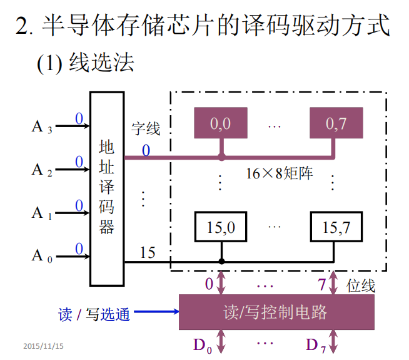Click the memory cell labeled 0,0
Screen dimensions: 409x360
point(220,124)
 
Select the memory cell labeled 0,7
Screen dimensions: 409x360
point(336,124)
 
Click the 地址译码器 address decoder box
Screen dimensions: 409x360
point(107,188)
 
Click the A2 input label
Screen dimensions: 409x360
point(42,170)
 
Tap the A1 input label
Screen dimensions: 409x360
point(42,213)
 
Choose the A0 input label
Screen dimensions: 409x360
point(42,255)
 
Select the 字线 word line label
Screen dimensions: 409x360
point(146,129)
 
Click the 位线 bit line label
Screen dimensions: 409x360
point(361,285)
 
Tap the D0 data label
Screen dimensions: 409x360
point(203,345)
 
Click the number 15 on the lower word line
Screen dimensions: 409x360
point(148,253)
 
